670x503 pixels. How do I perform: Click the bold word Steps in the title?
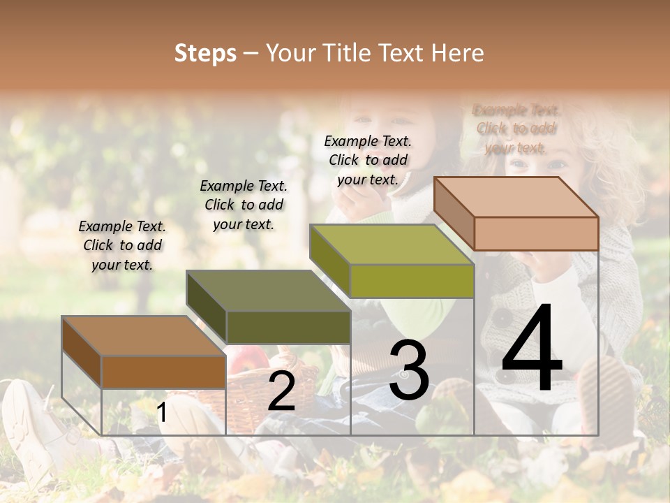tap(205, 53)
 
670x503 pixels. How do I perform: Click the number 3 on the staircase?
tap(408, 370)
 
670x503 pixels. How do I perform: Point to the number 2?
tap(281, 391)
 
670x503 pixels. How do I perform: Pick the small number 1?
tap(162, 413)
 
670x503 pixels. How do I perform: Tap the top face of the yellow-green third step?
tap(392, 245)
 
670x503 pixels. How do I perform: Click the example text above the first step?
tap(122, 245)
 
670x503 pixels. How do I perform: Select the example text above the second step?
tap(244, 205)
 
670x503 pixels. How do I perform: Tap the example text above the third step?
tap(368, 160)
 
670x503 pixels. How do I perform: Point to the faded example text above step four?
tap(516, 129)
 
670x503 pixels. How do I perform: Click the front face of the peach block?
tap(536, 233)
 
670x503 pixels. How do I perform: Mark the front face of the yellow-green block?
tap(412, 281)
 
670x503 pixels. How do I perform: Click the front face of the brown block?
tap(163, 372)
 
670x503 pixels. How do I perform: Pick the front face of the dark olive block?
tap(288, 327)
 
